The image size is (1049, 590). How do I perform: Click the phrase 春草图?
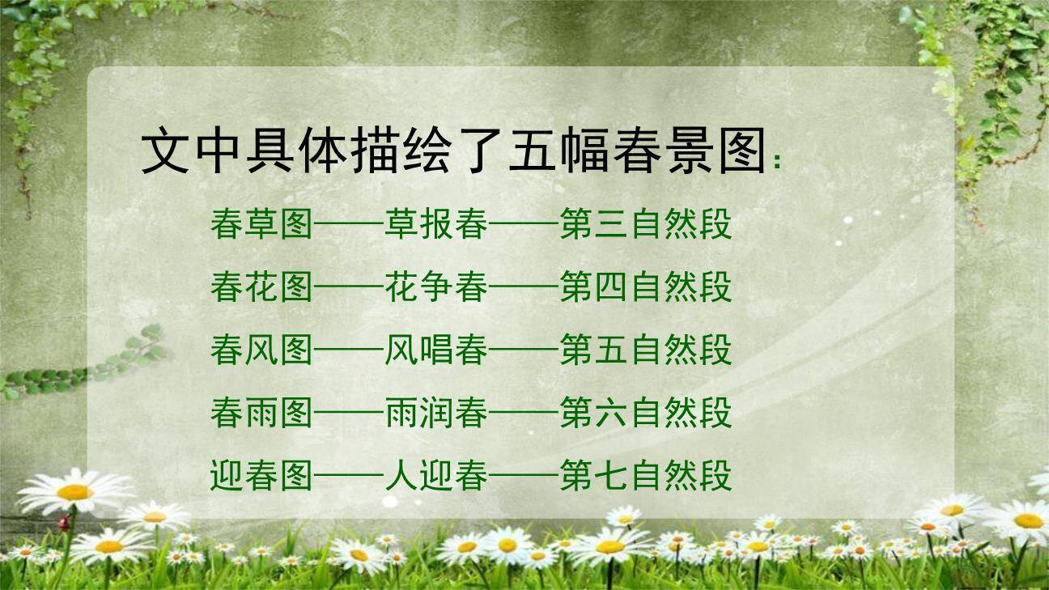pyautogui.click(x=261, y=224)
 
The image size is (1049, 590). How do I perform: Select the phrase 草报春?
pyautogui.click(x=436, y=224)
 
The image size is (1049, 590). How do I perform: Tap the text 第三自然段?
pyautogui.click(x=645, y=224)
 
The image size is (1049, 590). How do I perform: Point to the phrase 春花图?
pyautogui.click(x=261, y=287)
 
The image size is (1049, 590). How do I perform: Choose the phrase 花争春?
pyautogui.click(x=436, y=287)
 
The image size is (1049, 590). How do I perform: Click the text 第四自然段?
pyautogui.click(x=645, y=287)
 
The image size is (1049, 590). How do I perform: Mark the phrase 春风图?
pyautogui.click(x=261, y=350)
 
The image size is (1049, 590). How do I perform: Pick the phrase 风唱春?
pyautogui.click(x=436, y=350)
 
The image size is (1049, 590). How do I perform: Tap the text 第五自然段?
pyautogui.click(x=645, y=350)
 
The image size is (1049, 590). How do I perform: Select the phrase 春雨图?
pyautogui.click(x=261, y=414)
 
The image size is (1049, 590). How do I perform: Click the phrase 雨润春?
pyautogui.click(x=436, y=414)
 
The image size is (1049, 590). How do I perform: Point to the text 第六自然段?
pyautogui.click(x=645, y=414)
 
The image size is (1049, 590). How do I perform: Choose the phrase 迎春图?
pyautogui.click(x=261, y=476)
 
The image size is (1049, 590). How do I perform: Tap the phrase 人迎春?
pyautogui.click(x=436, y=476)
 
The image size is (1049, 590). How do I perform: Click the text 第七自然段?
pyautogui.click(x=645, y=476)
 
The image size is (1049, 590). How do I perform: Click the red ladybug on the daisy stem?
pyautogui.click(x=63, y=524)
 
